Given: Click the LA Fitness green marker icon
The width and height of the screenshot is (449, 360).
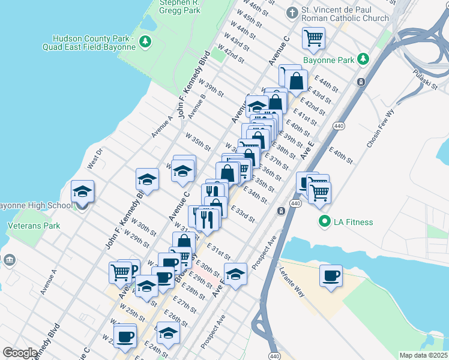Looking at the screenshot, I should coord(325,222).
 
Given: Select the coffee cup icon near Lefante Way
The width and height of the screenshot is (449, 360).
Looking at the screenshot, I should coord(331,276).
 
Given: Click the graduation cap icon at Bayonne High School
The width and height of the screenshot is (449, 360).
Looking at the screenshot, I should coord(82,191).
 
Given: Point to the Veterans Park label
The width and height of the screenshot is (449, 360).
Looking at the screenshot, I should coord(34,226).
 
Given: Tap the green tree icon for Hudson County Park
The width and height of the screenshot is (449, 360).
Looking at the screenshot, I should coord(144,41).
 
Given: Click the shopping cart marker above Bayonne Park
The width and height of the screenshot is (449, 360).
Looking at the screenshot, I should coord(313,38).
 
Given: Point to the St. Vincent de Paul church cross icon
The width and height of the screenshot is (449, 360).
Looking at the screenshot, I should coord(292,13).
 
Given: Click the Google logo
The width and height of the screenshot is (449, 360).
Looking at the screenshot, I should coord(20,353).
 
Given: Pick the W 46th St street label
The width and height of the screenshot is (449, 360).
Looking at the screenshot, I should coord(257,9).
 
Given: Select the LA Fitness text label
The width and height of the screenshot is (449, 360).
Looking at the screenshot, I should coord(354,222).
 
